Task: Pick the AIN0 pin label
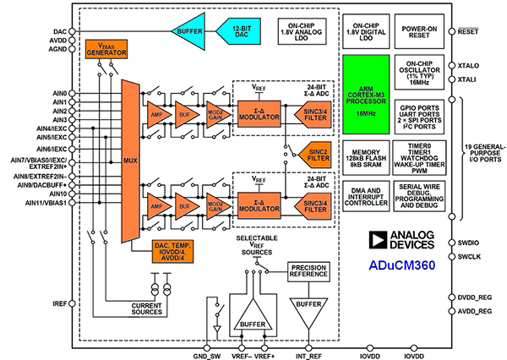58,93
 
